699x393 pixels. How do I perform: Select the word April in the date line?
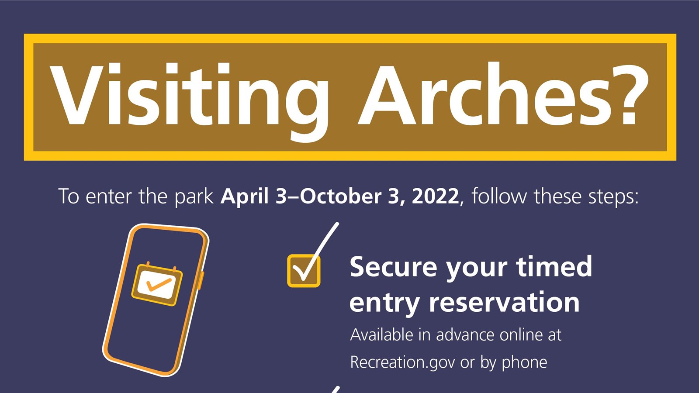tap(245, 196)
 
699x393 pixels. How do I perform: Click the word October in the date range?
tap(341, 196)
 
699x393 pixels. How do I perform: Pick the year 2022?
tap(435, 196)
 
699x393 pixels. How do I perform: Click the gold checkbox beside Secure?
tap(304, 271)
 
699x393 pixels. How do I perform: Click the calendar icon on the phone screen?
tap(157, 284)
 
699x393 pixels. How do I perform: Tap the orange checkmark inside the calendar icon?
tap(159, 284)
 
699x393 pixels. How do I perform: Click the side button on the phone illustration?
tap(201, 280)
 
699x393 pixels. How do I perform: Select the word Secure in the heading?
tap(393, 267)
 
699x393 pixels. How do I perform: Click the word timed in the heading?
tap(554, 266)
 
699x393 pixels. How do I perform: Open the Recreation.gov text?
tap(402, 362)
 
